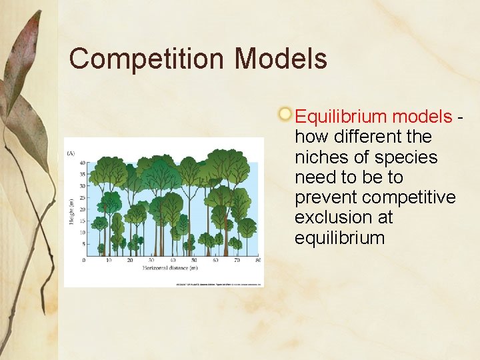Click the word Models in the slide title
pos(281,59)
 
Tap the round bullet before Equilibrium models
pos(285,114)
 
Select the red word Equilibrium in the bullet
pos(341,117)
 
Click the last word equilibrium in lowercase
pos(340,238)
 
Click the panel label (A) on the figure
pos(71,153)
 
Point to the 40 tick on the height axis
pos(82,163)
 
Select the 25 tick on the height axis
pos(82,197)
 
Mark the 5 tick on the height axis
pos(83,244)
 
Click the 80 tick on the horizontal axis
pos(258,260)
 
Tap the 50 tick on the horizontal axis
pos(193,260)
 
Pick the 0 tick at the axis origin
pos(84,260)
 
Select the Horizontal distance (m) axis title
pos(169,268)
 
